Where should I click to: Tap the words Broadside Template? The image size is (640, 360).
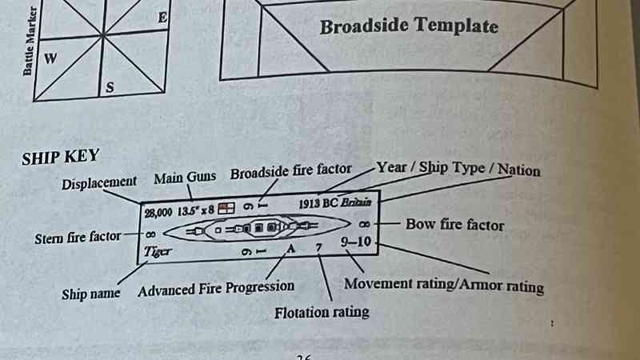pyautogui.click(x=409, y=26)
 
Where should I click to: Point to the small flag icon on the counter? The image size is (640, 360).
pyautogui.click(x=228, y=208)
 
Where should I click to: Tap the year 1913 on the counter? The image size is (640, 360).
pyautogui.click(x=310, y=204)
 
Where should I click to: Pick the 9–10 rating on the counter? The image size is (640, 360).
pyautogui.click(x=354, y=241)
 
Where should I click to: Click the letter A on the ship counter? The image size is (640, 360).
pyautogui.click(x=291, y=248)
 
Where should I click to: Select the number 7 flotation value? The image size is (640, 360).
pyautogui.click(x=318, y=247)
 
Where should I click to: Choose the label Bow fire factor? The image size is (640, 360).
pyautogui.click(x=455, y=225)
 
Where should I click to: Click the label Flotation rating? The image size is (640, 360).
pyautogui.click(x=322, y=312)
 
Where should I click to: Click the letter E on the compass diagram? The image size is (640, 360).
pyautogui.click(x=162, y=17)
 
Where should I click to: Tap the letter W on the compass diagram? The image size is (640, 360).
pyautogui.click(x=50, y=58)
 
